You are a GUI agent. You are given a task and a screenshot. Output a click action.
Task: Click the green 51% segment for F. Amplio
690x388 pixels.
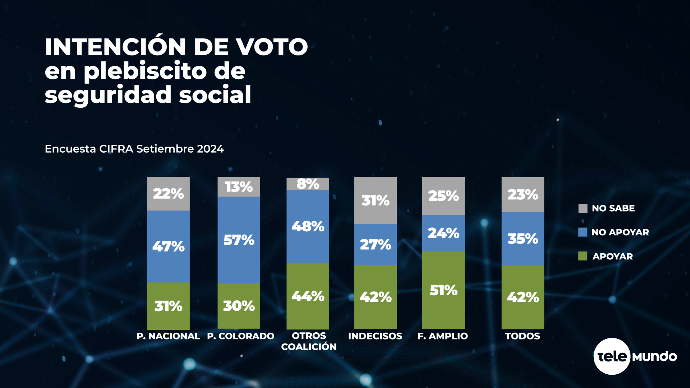443,290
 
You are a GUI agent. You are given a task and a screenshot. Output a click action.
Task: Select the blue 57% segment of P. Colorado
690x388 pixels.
239,240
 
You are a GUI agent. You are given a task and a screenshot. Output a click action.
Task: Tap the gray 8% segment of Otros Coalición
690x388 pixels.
308,184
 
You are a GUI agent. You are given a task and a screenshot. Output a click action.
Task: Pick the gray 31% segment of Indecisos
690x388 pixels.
375,200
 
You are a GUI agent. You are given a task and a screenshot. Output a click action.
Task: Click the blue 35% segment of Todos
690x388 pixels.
523,239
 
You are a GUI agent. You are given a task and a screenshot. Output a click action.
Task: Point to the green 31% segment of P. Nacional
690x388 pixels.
168,306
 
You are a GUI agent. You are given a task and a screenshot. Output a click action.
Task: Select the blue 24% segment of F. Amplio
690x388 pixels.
443,233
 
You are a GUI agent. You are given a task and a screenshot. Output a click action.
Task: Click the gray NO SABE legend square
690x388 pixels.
583,208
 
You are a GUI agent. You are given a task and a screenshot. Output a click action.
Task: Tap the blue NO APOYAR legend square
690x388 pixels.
583,232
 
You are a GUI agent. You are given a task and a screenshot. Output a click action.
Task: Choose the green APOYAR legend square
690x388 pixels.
583,256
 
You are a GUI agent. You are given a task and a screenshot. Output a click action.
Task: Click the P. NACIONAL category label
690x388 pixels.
168,336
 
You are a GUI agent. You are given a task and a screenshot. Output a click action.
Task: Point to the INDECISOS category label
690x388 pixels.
375,336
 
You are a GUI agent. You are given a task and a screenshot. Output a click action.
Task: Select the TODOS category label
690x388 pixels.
522,336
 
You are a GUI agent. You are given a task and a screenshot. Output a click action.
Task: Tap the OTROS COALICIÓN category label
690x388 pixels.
309,341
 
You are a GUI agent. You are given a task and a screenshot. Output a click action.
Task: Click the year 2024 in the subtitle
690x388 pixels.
210,149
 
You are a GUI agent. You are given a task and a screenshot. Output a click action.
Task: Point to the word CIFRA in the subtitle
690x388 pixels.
116,149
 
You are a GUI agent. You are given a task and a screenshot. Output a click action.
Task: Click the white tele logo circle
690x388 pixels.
612,356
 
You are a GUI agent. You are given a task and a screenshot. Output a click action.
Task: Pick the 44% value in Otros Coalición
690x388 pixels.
308,296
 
